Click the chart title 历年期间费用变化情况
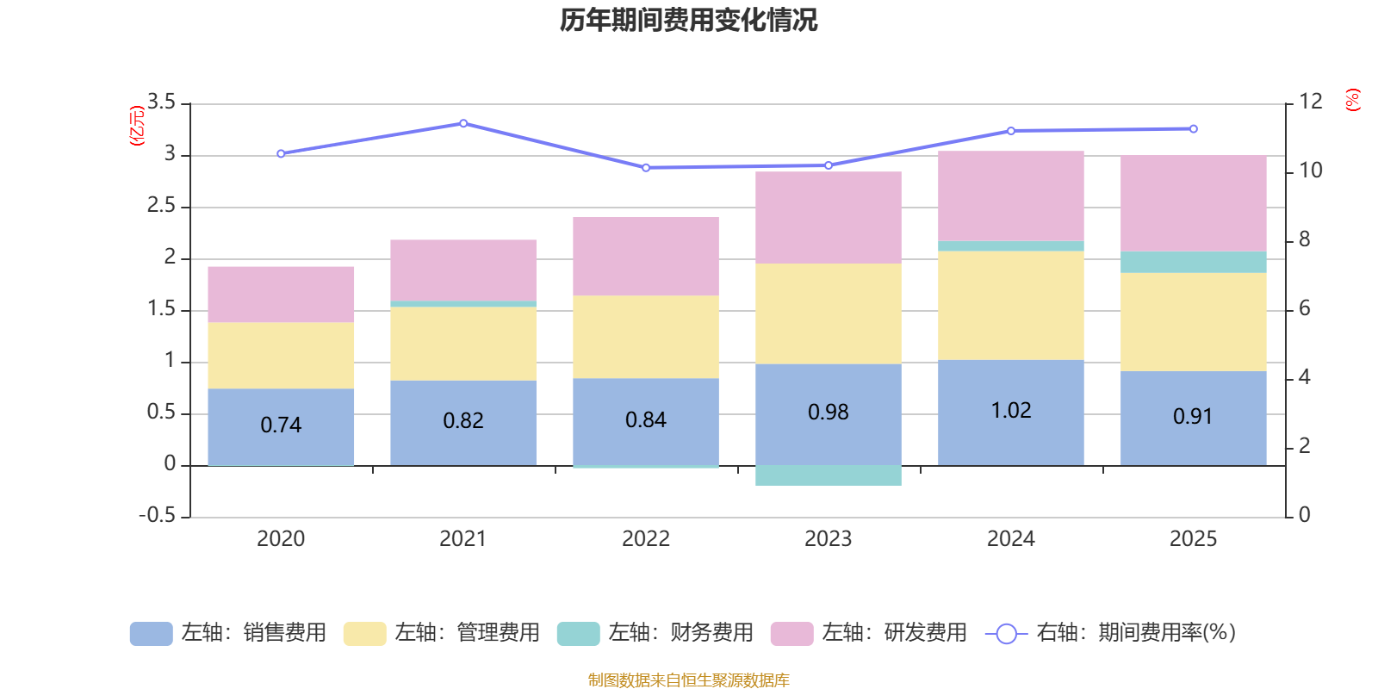(688, 20)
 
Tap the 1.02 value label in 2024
(1011, 411)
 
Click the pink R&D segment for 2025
(1193, 203)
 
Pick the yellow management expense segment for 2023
(828, 313)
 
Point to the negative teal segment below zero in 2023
(828, 475)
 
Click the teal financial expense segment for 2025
(1193, 262)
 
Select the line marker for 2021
(463, 123)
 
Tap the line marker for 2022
(646, 167)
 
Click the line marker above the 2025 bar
(1193, 129)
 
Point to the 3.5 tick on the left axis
(161, 102)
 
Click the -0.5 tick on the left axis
(158, 515)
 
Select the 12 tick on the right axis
(1310, 102)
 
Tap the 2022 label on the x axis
(646, 539)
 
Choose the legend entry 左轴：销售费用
(228, 633)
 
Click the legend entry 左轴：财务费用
(655, 633)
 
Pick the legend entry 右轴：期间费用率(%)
(1111, 633)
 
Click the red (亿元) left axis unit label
(137, 126)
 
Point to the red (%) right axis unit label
(1353, 100)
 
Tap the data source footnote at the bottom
(688, 680)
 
